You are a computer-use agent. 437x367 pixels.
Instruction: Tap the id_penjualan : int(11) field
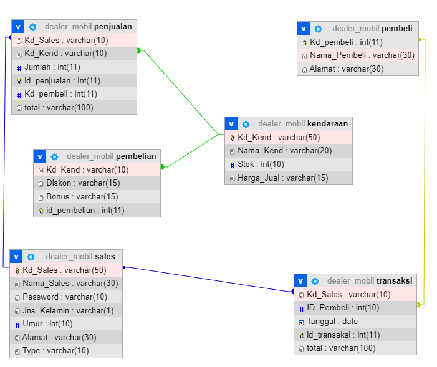[x=62, y=80]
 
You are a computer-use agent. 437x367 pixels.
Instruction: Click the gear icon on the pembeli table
[x=318, y=29]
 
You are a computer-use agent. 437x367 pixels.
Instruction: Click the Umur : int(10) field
[x=47, y=324]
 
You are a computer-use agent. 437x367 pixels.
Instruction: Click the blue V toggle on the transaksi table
[x=300, y=281]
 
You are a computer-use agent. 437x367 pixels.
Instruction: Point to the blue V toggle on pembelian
[x=39, y=156]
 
